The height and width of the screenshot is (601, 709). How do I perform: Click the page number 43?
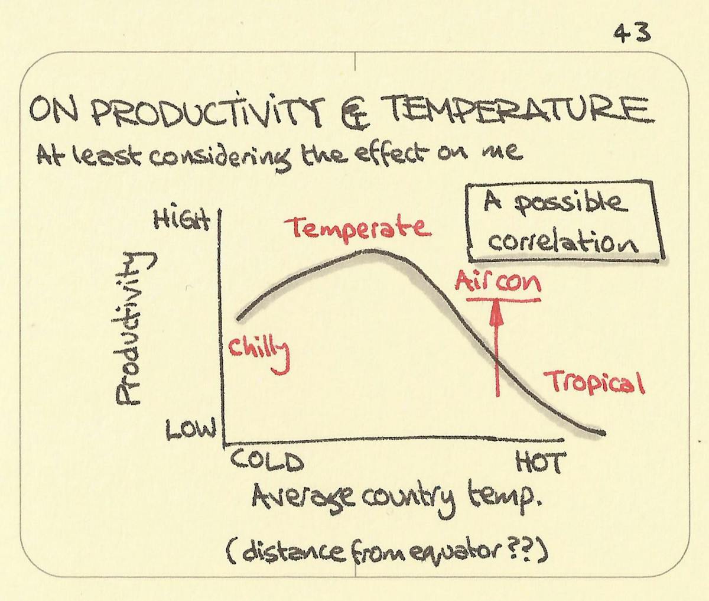(x=632, y=34)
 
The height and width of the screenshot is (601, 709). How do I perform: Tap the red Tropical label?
(x=594, y=382)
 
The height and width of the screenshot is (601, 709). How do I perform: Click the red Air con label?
(x=497, y=283)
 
